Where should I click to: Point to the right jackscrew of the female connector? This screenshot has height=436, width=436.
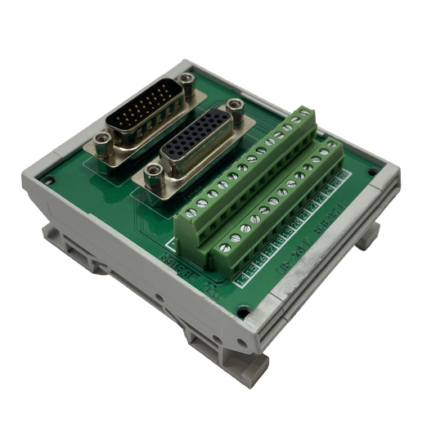[236, 106]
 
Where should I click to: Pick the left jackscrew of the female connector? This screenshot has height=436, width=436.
[151, 173]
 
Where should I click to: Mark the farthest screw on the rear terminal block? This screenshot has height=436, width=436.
[303, 115]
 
